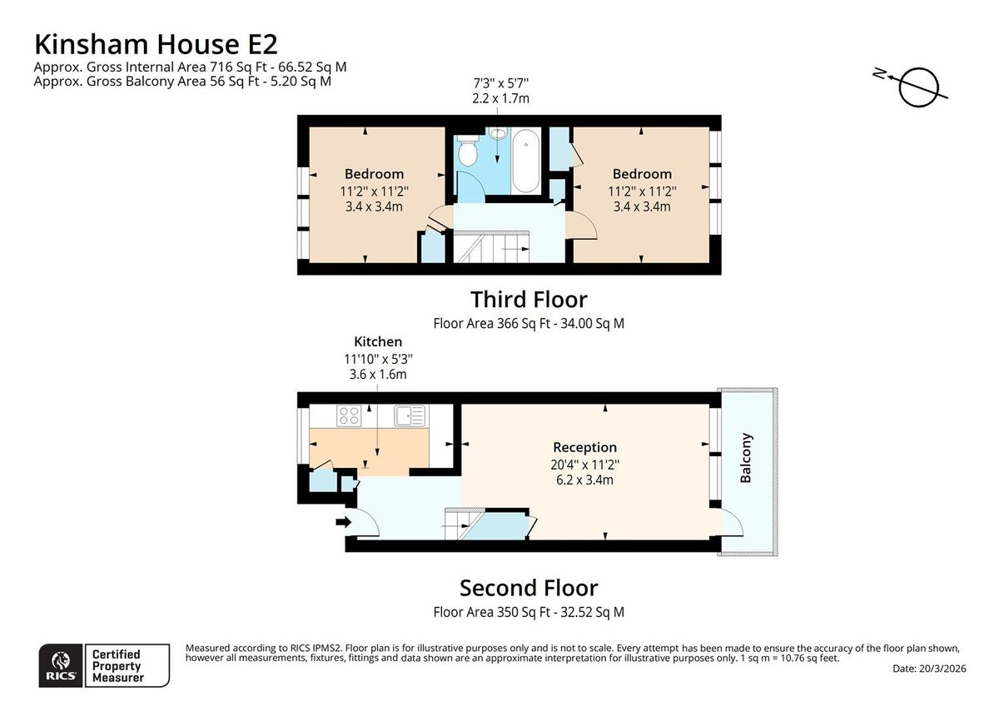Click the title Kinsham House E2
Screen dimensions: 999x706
pyautogui.click(x=157, y=44)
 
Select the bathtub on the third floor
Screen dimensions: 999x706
pyautogui.click(x=526, y=161)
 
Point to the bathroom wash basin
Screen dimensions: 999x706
pyautogui.click(x=498, y=133)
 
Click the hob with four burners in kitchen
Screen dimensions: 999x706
pyautogui.click(x=349, y=415)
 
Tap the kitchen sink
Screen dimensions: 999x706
pyautogui.click(x=410, y=415)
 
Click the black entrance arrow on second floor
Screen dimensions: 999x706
pyautogui.click(x=343, y=522)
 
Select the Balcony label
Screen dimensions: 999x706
pyautogui.click(x=746, y=458)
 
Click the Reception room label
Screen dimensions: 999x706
pyautogui.click(x=584, y=447)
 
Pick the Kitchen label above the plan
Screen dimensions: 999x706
pyautogui.click(x=378, y=341)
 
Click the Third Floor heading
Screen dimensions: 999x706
pyautogui.click(x=529, y=299)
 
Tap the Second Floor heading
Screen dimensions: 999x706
pyautogui.click(x=529, y=588)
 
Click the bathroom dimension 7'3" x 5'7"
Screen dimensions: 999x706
pyautogui.click(x=501, y=83)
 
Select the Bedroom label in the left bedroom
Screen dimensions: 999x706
pyautogui.click(x=374, y=173)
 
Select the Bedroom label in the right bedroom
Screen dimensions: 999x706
pyautogui.click(x=642, y=173)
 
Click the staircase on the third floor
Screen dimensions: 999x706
pyautogui.click(x=491, y=246)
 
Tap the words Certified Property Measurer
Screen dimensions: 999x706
pyautogui.click(x=117, y=666)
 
